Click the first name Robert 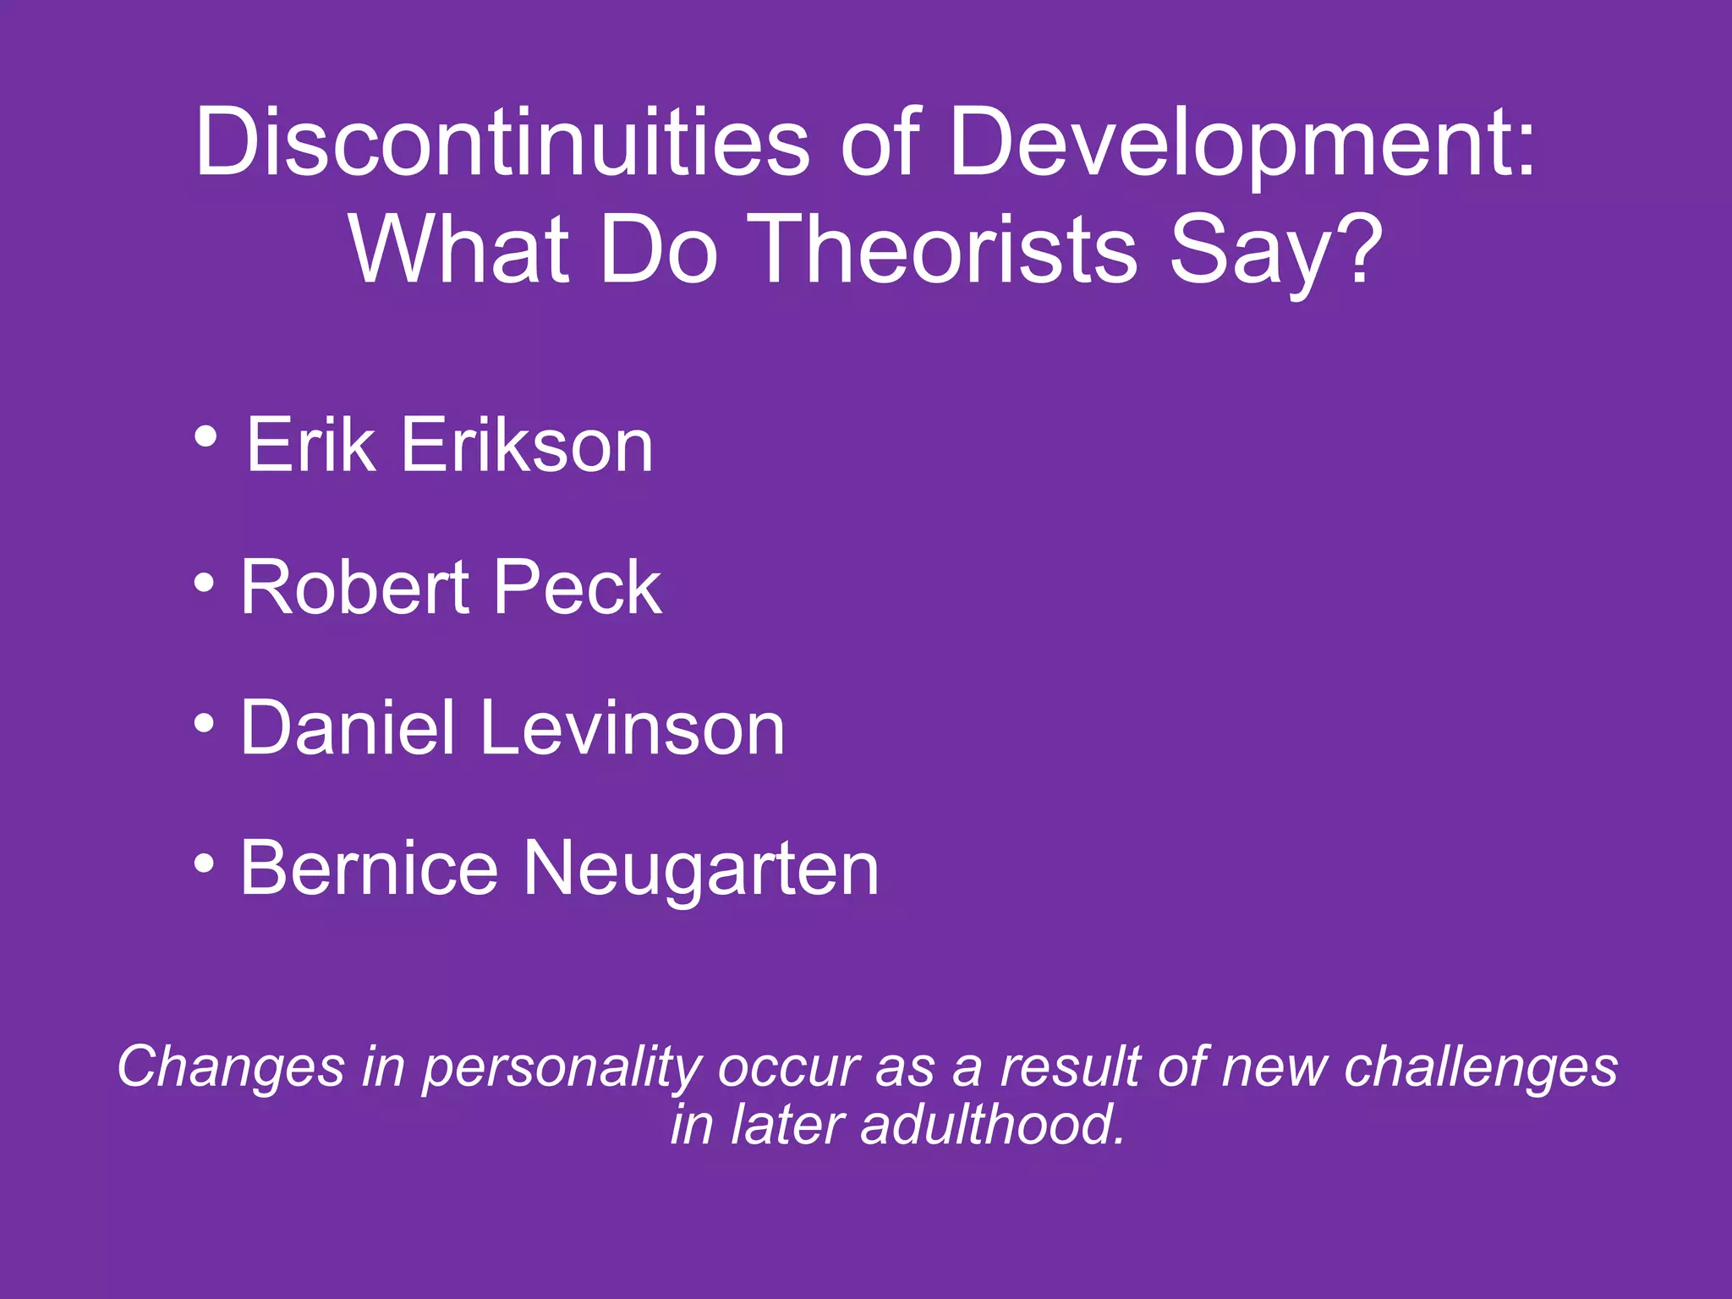tap(355, 587)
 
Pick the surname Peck tap(578, 587)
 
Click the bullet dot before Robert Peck tap(204, 582)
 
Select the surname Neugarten tap(701, 869)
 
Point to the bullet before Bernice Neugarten tap(204, 863)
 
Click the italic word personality tap(562, 1068)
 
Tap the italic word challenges tap(1481, 1068)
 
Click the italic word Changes tap(230, 1068)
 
